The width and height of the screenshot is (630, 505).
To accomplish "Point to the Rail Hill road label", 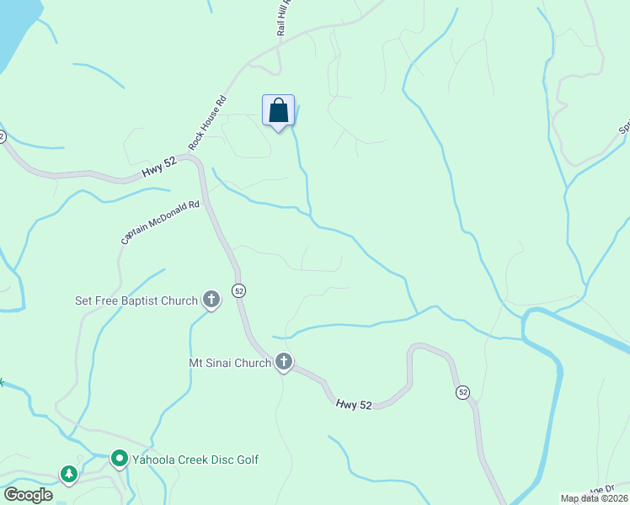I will (284, 17).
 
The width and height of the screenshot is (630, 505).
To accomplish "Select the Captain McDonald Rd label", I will (160, 221).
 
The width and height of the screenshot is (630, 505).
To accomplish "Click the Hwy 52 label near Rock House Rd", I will (158, 169).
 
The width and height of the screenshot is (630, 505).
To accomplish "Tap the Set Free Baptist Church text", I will (136, 300).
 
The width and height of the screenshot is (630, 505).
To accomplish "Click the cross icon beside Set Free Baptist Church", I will (211, 300).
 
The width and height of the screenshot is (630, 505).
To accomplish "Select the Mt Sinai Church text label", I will (229, 363).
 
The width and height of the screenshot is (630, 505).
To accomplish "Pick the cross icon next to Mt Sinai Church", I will (284, 363).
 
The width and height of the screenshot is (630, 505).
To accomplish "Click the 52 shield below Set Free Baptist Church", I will (240, 290).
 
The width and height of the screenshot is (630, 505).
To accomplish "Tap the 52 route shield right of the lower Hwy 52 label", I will (462, 392).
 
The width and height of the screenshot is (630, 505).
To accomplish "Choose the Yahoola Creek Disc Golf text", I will (195, 460).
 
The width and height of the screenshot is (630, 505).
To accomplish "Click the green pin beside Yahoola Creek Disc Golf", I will (119, 460).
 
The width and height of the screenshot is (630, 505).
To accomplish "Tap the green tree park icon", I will (68, 475).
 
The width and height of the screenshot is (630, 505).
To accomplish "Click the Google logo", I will (28, 495).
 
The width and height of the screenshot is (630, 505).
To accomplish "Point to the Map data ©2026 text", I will (595, 498).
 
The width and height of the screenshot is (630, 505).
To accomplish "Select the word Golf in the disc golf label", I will (245, 460).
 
